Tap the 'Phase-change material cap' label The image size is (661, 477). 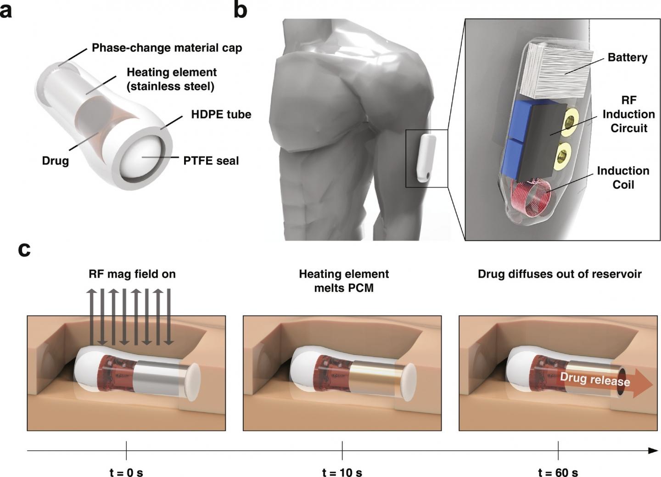[167, 48]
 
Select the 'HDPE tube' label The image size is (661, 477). [221, 114]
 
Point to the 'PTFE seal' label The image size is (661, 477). [211, 161]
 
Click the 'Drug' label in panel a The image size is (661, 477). [56, 161]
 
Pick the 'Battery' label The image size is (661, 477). [627, 57]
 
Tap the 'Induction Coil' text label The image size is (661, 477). [623, 178]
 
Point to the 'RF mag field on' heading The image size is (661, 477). [132, 274]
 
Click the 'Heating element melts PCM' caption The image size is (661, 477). [344, 281]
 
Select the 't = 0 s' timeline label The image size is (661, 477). [126, 472]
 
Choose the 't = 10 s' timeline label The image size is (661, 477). [342, 472]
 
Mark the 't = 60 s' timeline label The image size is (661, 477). [558, 472]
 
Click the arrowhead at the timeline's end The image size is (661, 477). [653, 451]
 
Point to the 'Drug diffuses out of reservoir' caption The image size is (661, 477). [560, 274]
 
